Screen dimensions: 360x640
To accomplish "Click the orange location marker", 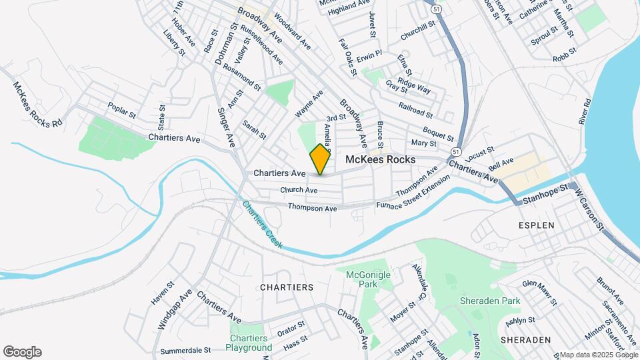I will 321,159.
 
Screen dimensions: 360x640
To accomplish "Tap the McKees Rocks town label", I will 381,160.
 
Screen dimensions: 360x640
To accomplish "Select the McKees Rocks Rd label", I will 38,105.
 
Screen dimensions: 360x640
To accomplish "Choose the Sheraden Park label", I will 490,301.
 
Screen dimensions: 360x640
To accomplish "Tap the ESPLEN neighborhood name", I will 536,225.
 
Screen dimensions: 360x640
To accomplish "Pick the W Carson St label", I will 590,208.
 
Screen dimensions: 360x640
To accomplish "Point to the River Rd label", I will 585,111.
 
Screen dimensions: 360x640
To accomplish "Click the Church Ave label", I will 299,190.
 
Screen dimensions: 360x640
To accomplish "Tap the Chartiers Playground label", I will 249,343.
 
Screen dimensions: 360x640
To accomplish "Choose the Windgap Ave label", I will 166,309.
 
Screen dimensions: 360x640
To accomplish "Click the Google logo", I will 22,352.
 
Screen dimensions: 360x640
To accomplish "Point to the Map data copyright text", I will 599,355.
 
